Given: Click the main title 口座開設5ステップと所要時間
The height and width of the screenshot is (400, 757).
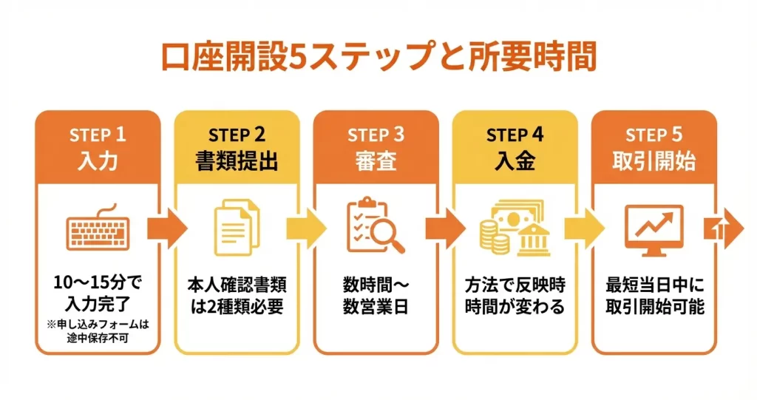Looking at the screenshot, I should [378, 57].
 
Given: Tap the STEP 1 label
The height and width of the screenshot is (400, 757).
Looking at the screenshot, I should [98, 135].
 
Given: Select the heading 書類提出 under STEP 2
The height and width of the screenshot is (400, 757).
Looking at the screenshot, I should [237, 161].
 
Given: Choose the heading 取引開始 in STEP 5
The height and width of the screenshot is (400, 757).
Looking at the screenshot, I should [654, 161].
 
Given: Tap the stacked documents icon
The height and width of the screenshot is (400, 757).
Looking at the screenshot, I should [237, 229].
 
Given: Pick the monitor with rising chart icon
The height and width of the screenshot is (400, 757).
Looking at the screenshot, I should [654, 230].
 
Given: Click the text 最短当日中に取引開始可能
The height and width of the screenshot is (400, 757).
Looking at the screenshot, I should [654, 295].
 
